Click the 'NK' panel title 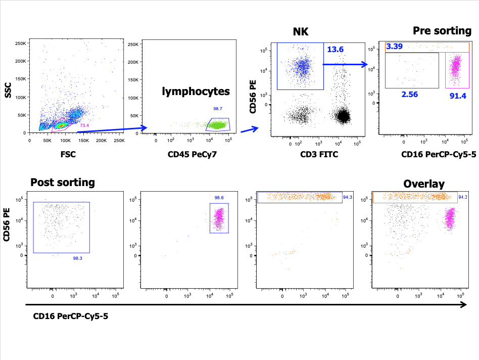click(x=301, y=32)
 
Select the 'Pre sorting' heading click(x=442, y=31)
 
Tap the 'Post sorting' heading click(x=63, y=183)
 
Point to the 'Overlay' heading click(x=424, y=184)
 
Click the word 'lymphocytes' click(x=196, y=92)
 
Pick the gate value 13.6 click(x=336, y=50)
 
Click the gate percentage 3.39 click(x=395, y=47)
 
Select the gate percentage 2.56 click(x=409, y=95)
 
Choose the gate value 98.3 click(x=77, y=258)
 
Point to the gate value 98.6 click(x=219, y=198)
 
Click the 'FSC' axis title click(x=68, y=154)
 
